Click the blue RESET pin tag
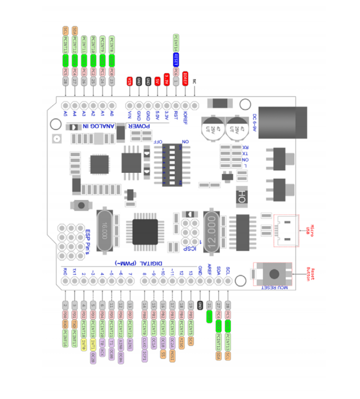tap(176, 59)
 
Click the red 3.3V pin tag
tap(166, 80)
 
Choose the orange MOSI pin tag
tap(172, 354)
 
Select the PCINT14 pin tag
tap(176, 42)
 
